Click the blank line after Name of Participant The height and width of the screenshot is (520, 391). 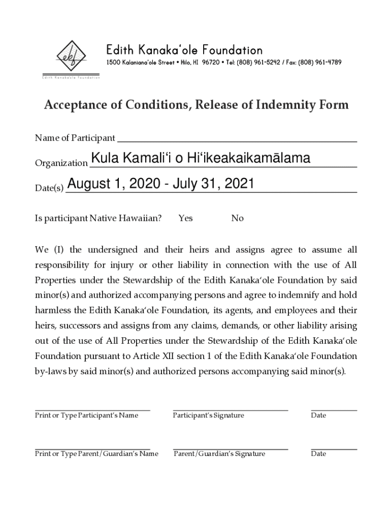237,139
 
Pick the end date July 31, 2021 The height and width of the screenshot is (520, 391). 213,183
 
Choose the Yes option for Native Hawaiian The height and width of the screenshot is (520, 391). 185,218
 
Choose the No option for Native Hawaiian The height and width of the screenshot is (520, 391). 237,218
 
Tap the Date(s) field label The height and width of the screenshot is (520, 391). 49,189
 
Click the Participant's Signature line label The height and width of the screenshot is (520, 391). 208,415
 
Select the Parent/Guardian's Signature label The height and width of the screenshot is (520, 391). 219,453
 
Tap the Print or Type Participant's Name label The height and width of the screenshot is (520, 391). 86,415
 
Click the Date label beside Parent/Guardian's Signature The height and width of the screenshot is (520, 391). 318,453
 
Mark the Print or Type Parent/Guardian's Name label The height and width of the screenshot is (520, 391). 96,453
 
